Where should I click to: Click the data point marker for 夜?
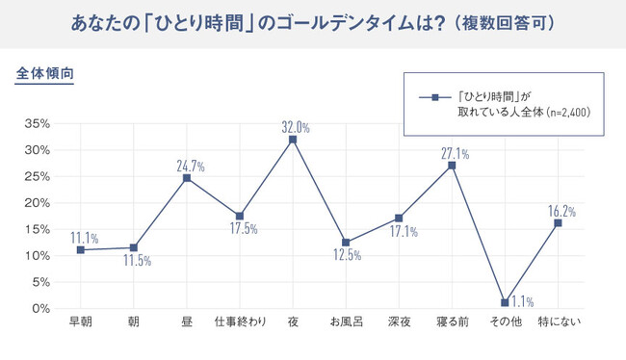tap(293, 140)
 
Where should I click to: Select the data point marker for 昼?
tap(187, 178)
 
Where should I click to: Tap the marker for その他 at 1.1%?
tap(505, 302)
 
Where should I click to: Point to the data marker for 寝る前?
tap(452, 166)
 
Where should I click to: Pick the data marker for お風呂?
tap(346, 243)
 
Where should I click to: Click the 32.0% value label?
tap(296, 127)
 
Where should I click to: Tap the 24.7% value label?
tap(191, 166)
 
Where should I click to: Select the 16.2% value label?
tap(561, 211)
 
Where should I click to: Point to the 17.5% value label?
tap(244, 228)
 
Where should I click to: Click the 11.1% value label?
tap(84, 238)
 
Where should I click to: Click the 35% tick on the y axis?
tap(38, 123)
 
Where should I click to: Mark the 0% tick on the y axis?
tap(41, 309)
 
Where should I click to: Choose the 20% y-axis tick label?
tap(38, 203)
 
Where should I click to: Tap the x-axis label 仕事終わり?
tap(240, 321)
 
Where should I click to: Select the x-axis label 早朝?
tap(81, 321)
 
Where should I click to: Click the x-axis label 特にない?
tap(560, 321)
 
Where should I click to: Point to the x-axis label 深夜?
tap(400, 321)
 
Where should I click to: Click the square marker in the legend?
tap(435, 97)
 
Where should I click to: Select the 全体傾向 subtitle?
tap(44, 73)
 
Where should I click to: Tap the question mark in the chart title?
tap(439, 23)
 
